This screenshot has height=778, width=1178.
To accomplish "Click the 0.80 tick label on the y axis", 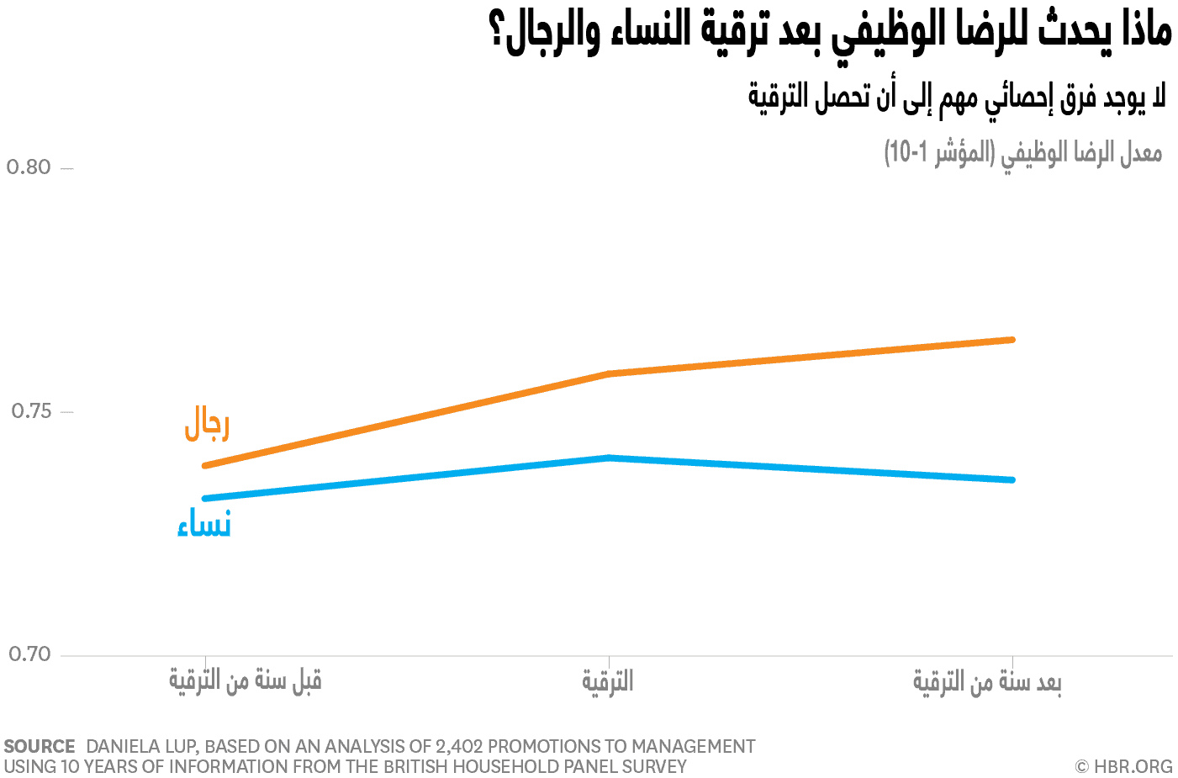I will [29, 167].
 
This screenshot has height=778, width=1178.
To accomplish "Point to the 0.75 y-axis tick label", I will [31, 411].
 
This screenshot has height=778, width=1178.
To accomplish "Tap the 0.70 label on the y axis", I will [29, 654].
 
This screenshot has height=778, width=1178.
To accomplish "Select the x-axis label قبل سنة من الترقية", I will [246, 680].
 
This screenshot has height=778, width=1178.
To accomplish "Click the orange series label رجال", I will [207, 423].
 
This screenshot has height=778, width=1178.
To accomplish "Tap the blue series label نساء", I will [204, 524].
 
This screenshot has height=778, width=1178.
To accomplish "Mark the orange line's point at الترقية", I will [608, 373].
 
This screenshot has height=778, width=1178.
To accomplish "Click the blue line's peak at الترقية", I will [608, 458].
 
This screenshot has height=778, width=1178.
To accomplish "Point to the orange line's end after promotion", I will [1012, 340].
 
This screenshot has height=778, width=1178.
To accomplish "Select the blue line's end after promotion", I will [1012, 479].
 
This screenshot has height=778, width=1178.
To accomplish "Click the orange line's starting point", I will [205, 465].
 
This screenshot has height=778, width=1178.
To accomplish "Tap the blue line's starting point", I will [205, 498].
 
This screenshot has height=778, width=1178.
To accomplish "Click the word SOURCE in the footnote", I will [40, 747].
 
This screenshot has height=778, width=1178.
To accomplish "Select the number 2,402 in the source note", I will [458, 747].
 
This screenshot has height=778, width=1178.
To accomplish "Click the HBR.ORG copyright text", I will [1124, 766].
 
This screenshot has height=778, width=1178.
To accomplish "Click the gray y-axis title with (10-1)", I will [1022, 153].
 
